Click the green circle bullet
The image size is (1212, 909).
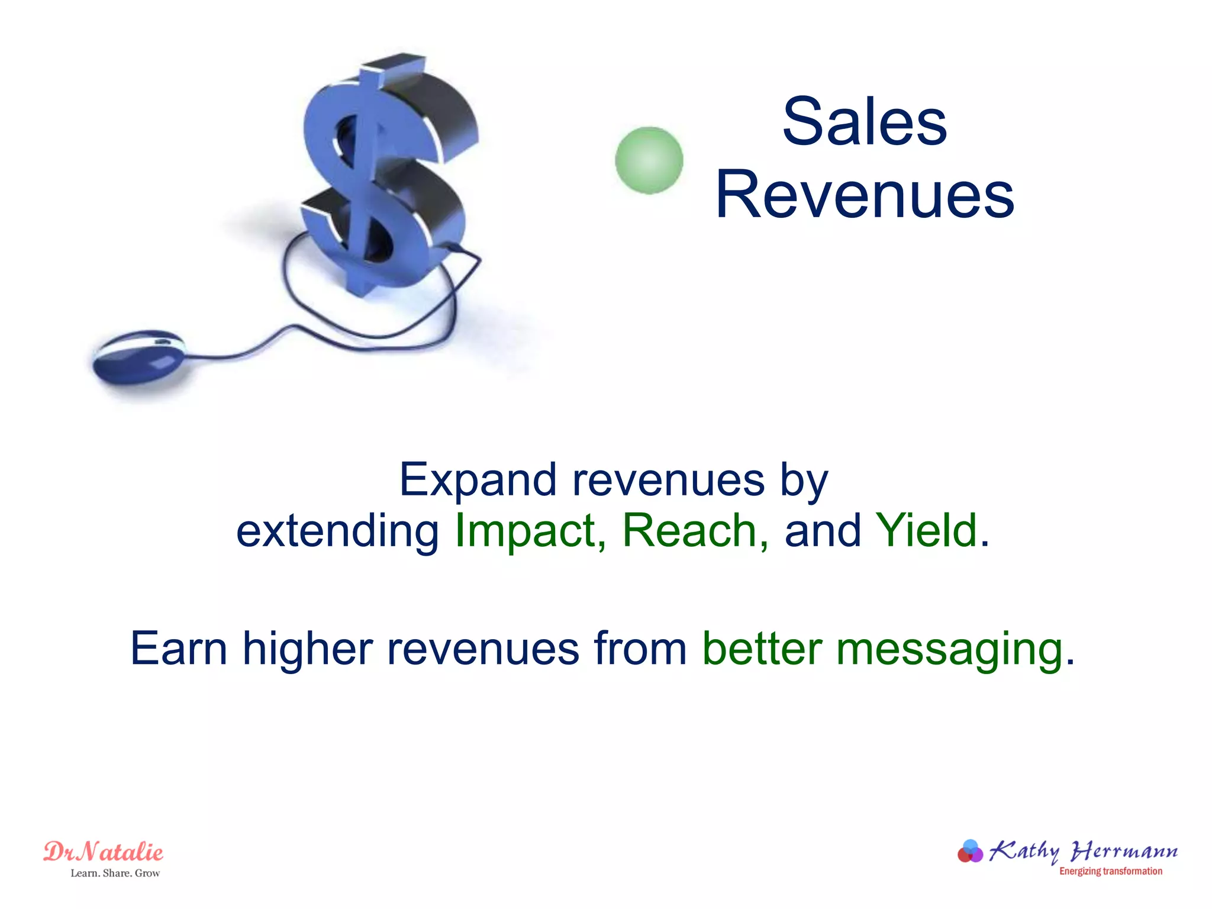tap(649, 160)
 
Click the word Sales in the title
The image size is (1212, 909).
tap(865, 122)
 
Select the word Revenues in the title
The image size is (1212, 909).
tap(865, 195)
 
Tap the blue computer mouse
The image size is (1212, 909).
tap(139, 356)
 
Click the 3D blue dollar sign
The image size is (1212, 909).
tap(385, 178)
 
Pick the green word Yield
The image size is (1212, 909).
tap(926, 531)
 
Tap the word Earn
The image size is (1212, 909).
tap(178, 649)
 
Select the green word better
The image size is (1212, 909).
tap(762, 649)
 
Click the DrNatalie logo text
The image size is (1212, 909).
tap(104, 852)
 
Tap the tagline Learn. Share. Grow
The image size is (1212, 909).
tap(115, 873)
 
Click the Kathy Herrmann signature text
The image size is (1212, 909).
tap(1083, 852)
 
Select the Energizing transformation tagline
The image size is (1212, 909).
tap(1110, 871)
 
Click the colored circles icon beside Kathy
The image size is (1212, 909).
tap(970, 852)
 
